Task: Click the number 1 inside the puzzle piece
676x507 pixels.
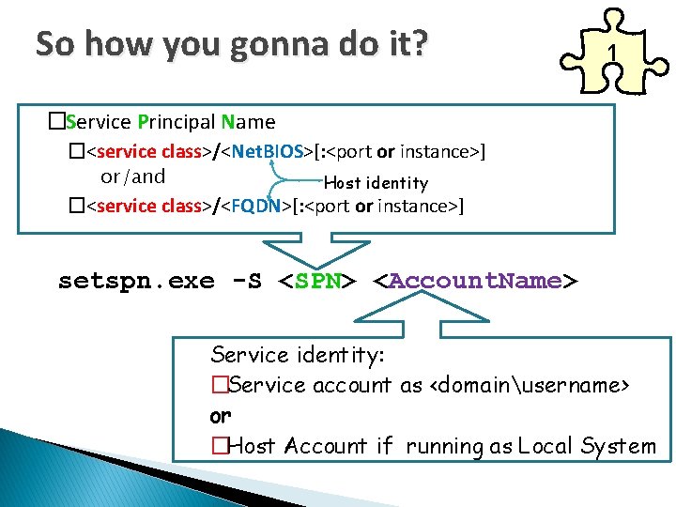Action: pos(611,55)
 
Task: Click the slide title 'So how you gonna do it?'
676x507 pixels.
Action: pos(230,43)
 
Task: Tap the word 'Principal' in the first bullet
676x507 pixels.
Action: pos(177,122)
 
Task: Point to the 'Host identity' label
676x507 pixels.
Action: pos(376,183)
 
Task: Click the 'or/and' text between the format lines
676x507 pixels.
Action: pos(132,177)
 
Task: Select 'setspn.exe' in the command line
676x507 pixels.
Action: pos(136,281)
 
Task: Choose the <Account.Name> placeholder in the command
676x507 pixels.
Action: pos(475,281)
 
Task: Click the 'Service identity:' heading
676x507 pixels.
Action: pos(298,355)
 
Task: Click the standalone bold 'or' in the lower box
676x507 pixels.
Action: pos(221,415)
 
